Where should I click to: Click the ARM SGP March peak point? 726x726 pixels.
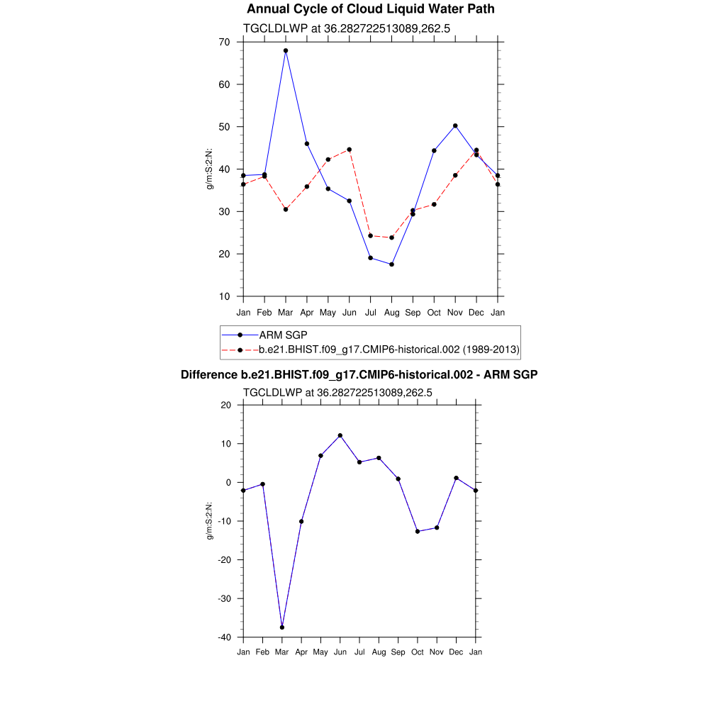(x=286, y=51)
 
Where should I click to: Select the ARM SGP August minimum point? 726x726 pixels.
(x=391, y=264)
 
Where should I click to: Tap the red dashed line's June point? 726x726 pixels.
(x=350, y=150)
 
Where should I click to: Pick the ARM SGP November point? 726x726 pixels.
(x=455, y=125)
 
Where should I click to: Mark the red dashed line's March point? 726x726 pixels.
(x=286, y=209)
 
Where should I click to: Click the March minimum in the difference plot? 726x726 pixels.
(x=282, y=627)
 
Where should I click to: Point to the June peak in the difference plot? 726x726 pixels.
(x=340, y=435)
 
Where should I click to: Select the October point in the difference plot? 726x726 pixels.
(x=418, y=531)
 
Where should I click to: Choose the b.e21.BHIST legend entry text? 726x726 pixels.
(x=389, y=350)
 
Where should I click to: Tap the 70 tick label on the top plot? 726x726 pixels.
(x=224, y=42)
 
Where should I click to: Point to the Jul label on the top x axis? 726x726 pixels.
(x=370, y=313)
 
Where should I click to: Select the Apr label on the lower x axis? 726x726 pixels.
(x=301, y=652)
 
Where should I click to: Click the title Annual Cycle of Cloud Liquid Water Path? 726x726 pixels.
(x=371, y=9)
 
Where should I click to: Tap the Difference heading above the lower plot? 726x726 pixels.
(x=359, y=374)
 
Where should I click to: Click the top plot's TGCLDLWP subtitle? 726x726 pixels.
(x=347, y=28)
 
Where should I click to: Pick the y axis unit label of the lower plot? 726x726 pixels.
(x=210, y=521)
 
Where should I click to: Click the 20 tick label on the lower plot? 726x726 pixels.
(x=226, y=405)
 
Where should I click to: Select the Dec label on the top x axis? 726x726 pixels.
(x=476, y=313)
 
